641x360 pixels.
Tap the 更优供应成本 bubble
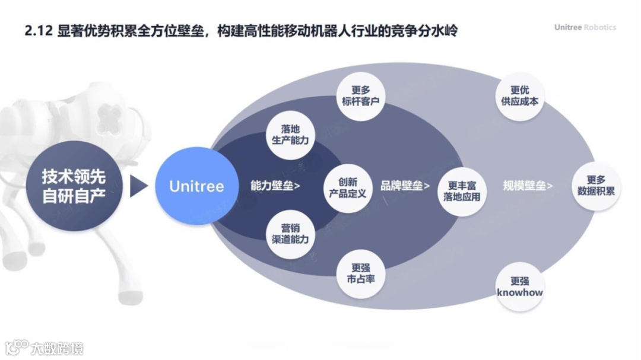pyautogui.click(x=520, y=95)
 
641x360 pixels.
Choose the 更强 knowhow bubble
pyautogui.click(x=520, y=287)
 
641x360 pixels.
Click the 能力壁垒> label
pyautogui.click(x=275, y=186)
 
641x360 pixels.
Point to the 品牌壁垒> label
pyautogui.click(x=405, y=186)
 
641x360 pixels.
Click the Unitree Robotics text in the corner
pyautogui.click(x=585, y=27)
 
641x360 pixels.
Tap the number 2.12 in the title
pyautogui.click(x=39, y=31)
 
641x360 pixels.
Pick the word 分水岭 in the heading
pyautogui.click(x=437, y=31)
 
